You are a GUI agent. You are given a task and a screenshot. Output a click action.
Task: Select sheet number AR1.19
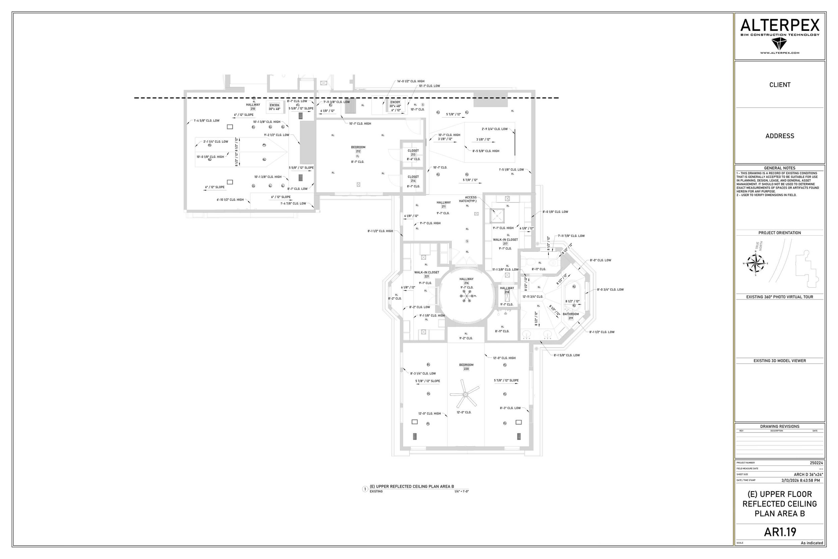point(780,532)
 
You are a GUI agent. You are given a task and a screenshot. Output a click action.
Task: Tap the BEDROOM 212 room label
point(358,149)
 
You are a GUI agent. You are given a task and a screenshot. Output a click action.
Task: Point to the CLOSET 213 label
point(413,153)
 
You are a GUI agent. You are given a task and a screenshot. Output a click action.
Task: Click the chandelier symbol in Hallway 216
point(466,296)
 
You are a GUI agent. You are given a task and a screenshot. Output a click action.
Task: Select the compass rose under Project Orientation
point(755,264)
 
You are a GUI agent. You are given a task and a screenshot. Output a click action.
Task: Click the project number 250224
point(816,463)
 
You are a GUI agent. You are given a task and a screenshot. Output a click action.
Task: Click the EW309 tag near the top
point(395,102)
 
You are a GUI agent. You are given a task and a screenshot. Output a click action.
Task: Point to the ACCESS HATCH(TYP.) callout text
point(470,199)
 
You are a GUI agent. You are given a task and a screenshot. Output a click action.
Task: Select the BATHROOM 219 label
point(571,316)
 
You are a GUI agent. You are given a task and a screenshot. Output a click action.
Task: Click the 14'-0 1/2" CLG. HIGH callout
point(411,81)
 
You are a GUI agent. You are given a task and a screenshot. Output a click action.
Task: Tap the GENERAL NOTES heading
point(780,168)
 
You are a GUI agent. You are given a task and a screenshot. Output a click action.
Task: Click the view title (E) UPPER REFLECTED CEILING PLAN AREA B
point(412,486)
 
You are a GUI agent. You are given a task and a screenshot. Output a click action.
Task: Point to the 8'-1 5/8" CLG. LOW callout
point(566,355)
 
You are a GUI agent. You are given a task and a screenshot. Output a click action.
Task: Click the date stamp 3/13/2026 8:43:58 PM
point(800,480)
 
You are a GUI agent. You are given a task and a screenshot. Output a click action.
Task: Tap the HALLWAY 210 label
point(253,107)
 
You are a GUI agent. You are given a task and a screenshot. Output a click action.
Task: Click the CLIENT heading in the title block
point(780,85)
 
